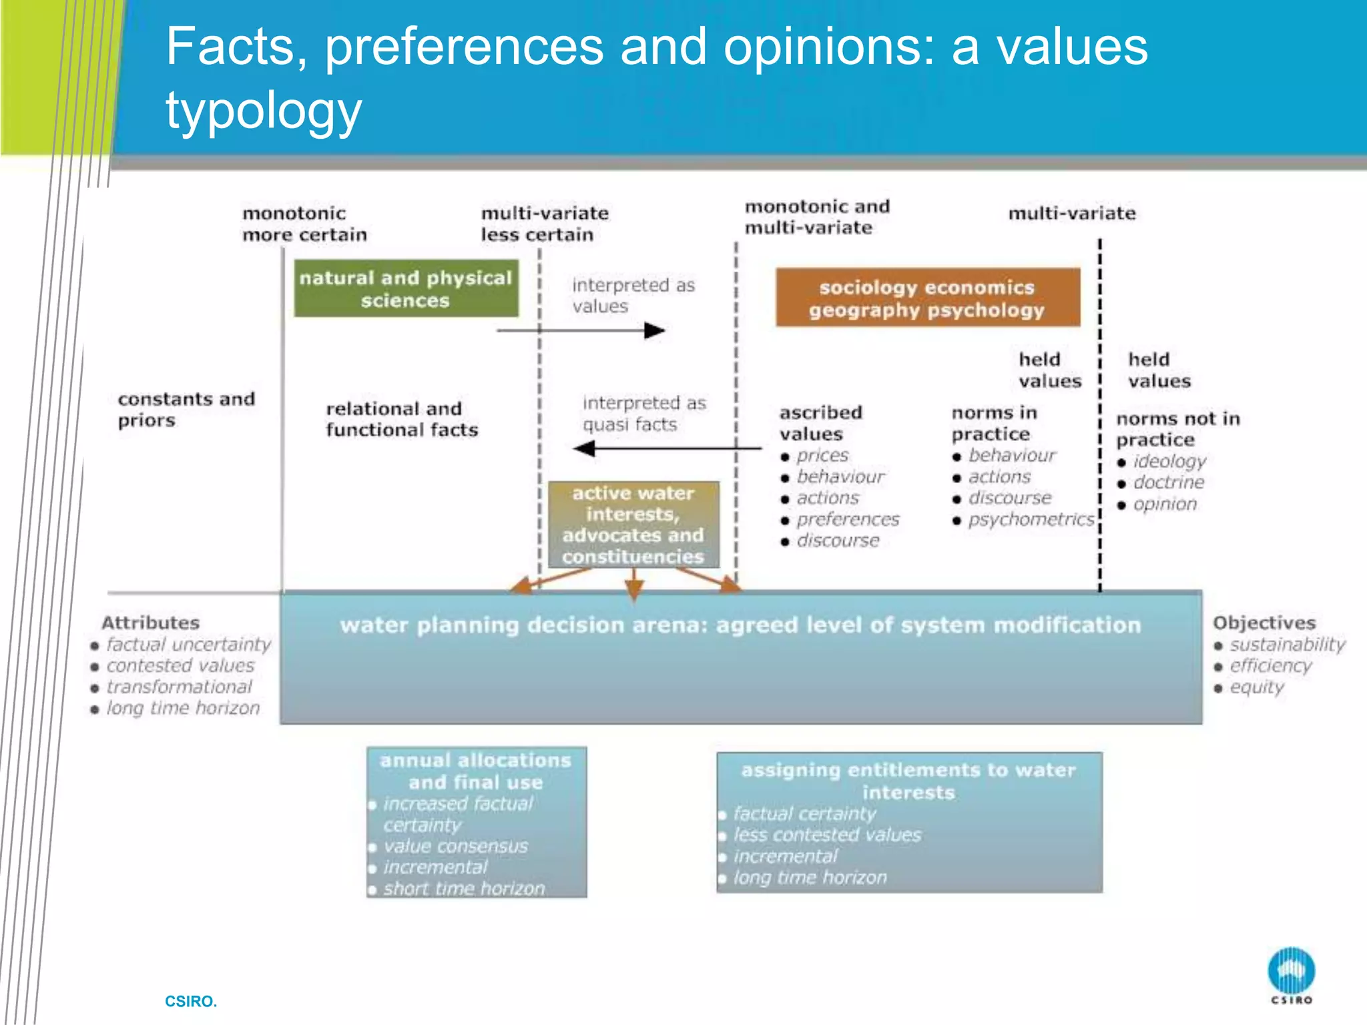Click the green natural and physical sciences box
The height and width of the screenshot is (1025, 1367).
[406, 288]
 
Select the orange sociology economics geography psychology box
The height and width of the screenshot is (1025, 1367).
[927, 298]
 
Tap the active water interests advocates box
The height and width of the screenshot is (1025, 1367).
[633, 525]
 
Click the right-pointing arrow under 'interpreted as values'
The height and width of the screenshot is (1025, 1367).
[581, 330]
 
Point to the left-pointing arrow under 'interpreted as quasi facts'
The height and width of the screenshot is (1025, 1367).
[667, 448]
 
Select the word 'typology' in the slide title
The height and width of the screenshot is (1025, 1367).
[264, 111]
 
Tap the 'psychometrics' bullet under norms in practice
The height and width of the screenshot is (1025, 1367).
[1031, 519]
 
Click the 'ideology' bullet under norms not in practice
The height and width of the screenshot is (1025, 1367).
[1169, 461]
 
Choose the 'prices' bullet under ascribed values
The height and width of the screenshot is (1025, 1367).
[822, 455]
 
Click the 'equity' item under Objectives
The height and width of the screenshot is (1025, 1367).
[1256, 687]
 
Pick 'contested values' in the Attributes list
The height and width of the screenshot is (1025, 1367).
[180, 665]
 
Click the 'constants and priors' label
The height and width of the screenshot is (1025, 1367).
[186, 409]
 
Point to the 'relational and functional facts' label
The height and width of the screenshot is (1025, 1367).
[402, 419]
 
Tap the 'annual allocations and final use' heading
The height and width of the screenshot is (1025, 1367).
[475, 771]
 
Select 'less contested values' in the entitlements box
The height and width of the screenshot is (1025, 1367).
[827, 835]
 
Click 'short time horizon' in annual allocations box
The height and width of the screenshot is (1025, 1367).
[464, 888]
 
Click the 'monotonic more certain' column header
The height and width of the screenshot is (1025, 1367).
[304, 224]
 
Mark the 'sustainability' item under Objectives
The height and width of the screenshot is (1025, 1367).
[1287, 644]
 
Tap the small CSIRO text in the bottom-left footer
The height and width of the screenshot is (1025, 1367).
[191, 1001]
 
